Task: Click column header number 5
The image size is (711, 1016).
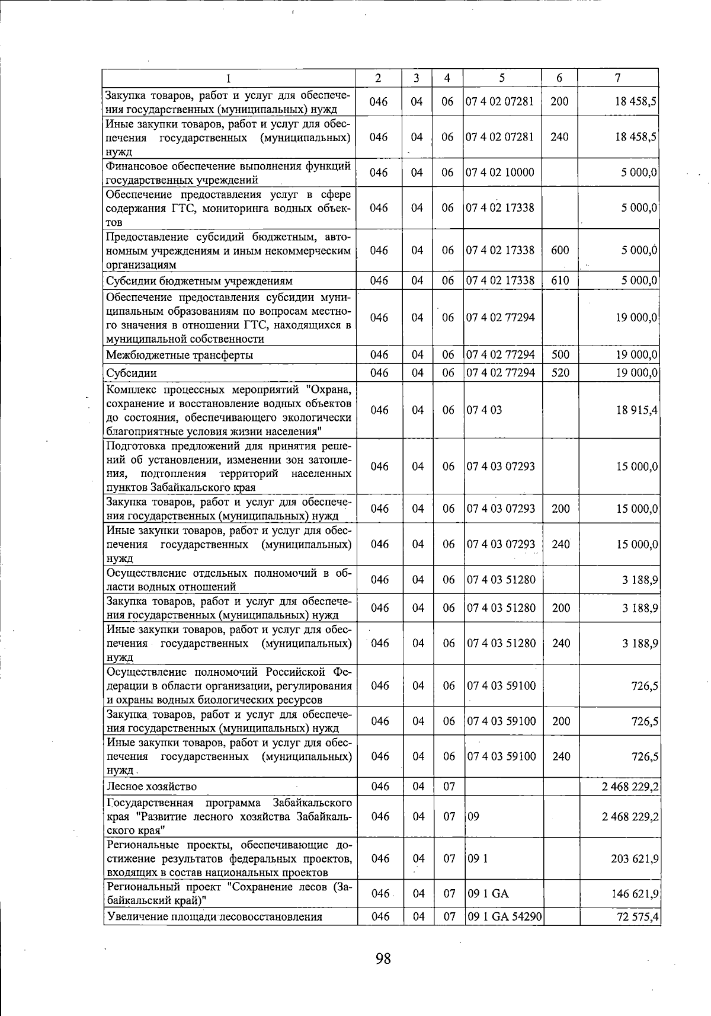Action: click(x=501, y=78)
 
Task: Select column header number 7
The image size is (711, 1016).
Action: click(x=617, y=78)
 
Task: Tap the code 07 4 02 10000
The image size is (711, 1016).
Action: click(x=500, y=172)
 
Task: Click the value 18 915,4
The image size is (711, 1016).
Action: click(x=638, y=410)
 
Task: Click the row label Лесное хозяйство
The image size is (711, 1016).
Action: click(x=151, y=787)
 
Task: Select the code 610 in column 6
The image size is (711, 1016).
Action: click(x=560, y=280)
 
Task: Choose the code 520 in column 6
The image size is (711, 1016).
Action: click(x=560, y=373)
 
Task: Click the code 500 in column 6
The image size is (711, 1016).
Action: click(x=560, y=355)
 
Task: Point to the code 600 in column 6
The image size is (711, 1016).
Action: click(x=560, y=250)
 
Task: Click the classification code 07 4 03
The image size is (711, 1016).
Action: click(x=484, y=410)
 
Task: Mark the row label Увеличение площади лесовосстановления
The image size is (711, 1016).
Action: click(x=214, y=917)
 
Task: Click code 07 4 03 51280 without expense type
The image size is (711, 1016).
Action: click(x=501, y=580)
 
